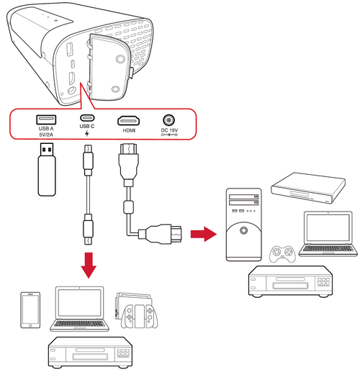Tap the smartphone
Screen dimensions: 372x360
click(30, 310)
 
